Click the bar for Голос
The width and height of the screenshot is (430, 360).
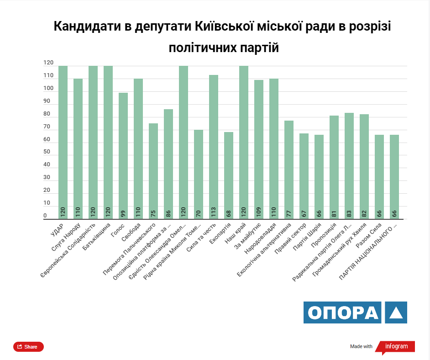click(x=123, y=155)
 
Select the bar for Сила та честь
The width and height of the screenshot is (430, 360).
click(x=214, y=146)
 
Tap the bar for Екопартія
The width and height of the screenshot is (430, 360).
click(x=229, y=175)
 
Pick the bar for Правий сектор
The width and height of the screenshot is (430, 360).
click(x=304, y=176)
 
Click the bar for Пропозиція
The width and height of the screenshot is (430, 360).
click(x=334, y=167)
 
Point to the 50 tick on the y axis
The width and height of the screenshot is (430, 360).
click(x=47, y=152)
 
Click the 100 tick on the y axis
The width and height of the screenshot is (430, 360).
click(x=48, y=88)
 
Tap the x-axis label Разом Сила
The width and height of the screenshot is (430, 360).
click(x=370, y=235)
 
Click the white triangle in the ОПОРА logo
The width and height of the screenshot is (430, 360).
click(x=396, y=313)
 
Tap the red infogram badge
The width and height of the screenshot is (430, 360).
click(x=395, y=347)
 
